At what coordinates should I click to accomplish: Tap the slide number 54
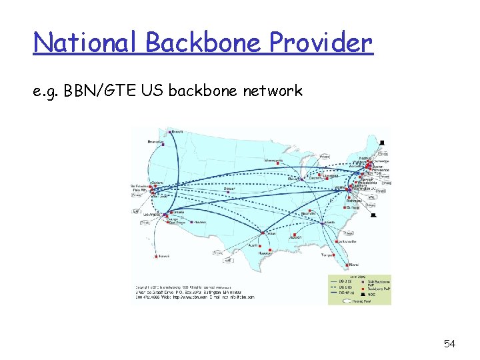click(x=450, y=343)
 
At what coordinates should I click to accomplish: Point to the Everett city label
click(x=177, y=131)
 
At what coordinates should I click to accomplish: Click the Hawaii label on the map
click(x=164, y=256)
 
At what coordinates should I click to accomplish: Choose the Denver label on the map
click(x=230, y=189)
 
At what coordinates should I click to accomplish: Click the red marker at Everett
click(x=170, y=132)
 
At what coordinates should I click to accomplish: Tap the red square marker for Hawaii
click(x=157, y=256)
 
